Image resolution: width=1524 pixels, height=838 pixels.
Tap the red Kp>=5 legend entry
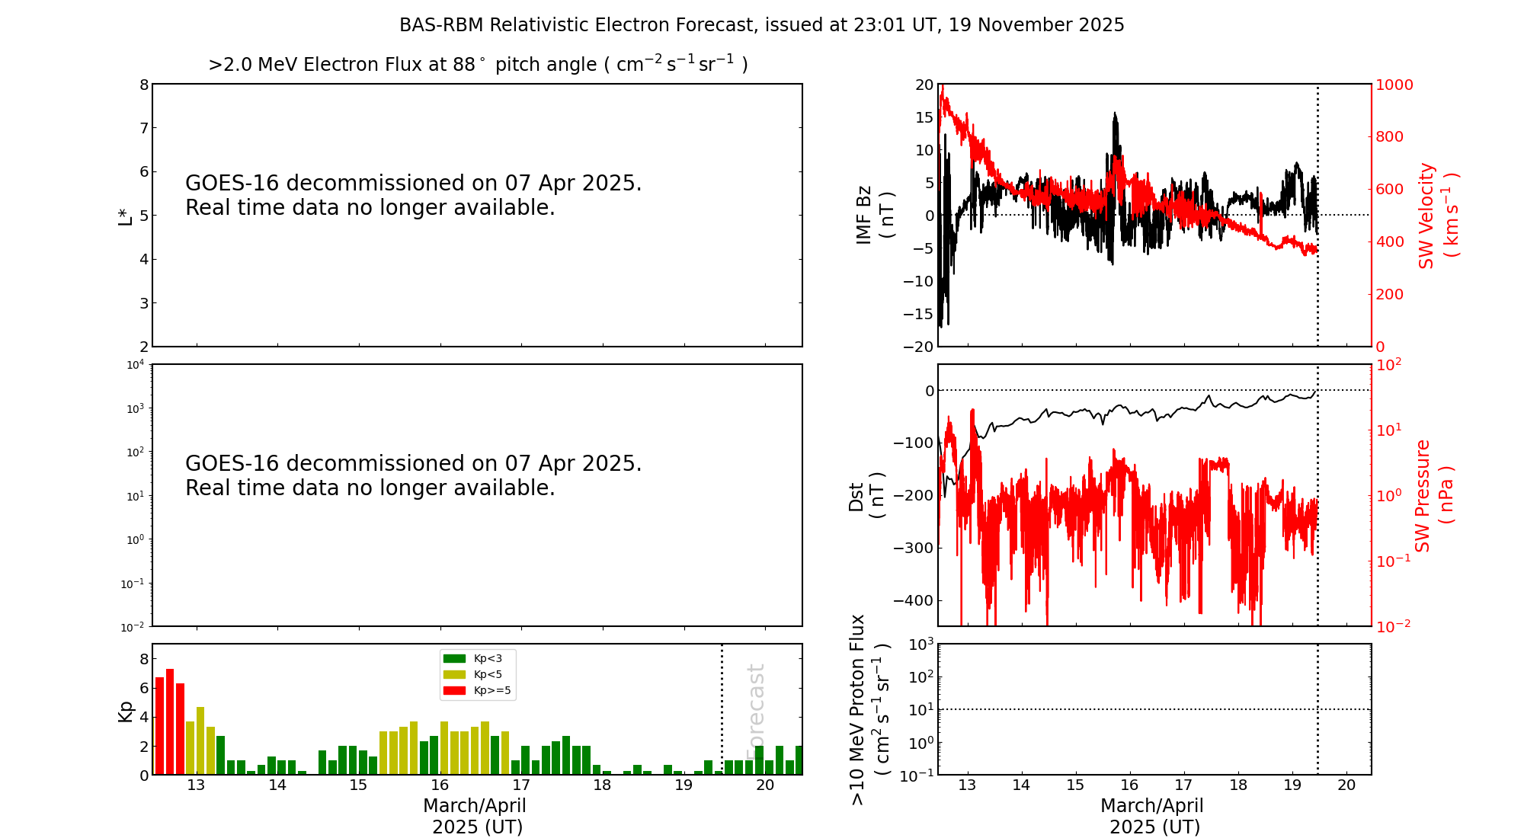click(477, 691)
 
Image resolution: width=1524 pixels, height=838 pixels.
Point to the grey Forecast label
click(755, 712)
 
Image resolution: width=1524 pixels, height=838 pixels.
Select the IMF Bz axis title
click(875, 215)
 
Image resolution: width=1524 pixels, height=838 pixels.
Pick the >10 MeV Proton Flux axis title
click(869, 709)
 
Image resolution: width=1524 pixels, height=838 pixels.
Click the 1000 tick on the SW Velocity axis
click(1394, 85)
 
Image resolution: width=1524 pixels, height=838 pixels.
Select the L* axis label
click(125, 216)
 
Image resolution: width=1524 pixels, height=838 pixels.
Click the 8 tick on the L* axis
click(144, 85)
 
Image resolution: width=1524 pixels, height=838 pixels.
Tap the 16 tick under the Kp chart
click(440, 785)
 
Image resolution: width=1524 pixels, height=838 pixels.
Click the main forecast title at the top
click(762, 25)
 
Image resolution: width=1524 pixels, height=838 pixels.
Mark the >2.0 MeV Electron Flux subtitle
click(478, 64)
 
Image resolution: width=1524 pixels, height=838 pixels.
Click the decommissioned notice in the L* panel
click(414, 195)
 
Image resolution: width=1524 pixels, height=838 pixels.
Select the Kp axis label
click(125, 711)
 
